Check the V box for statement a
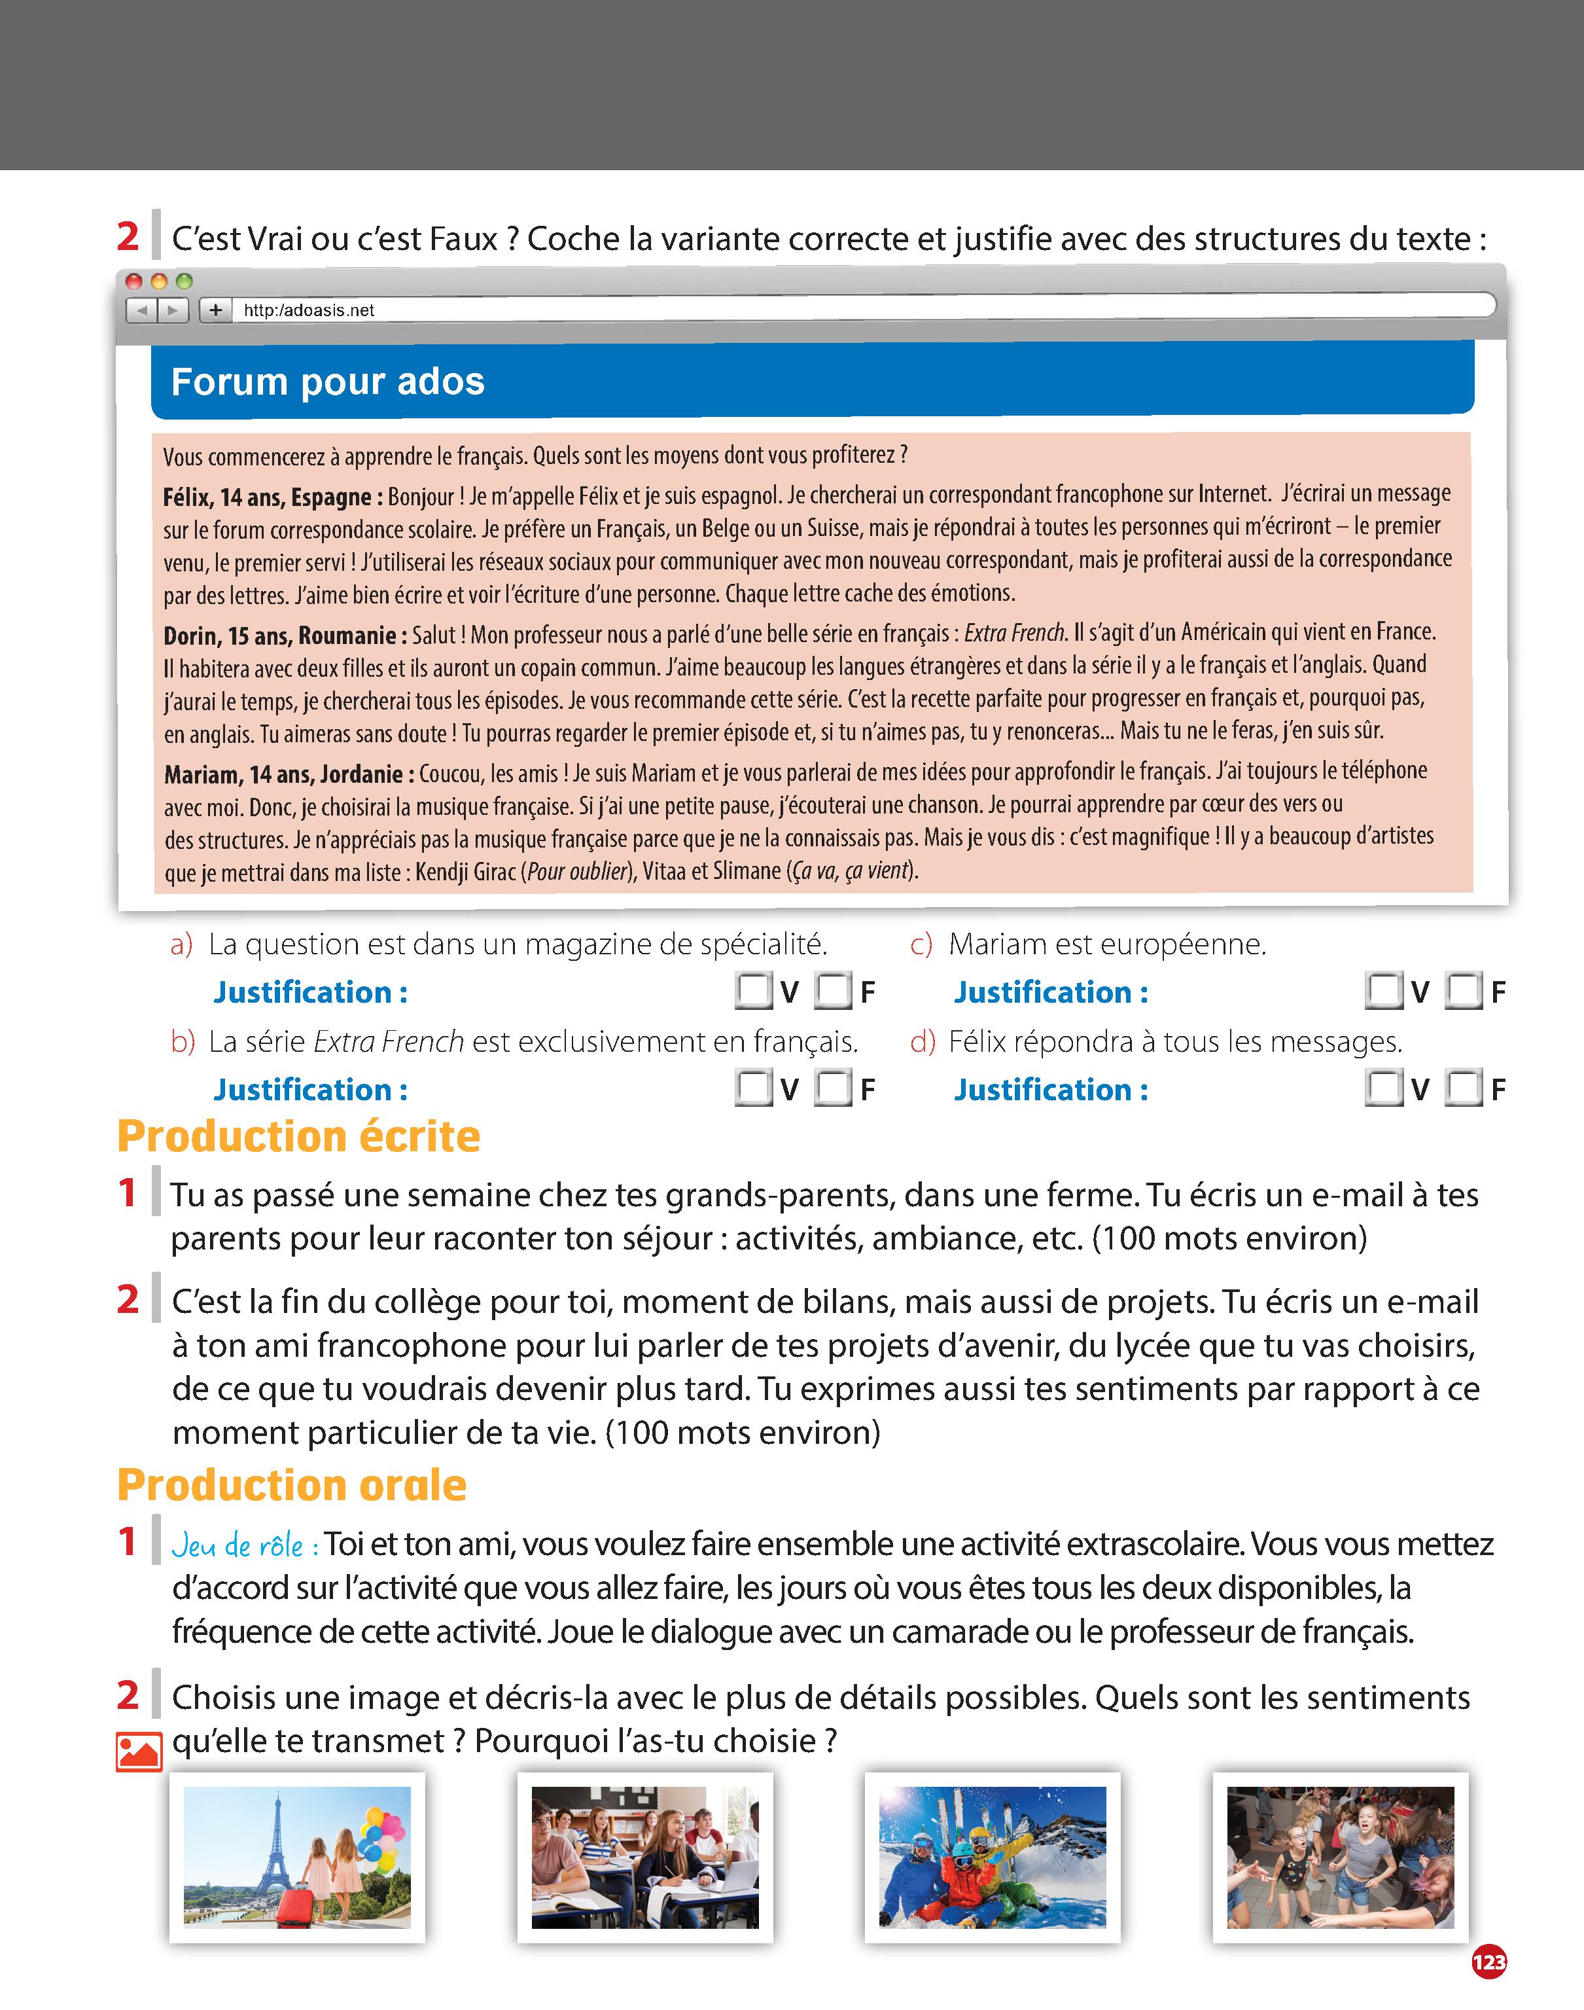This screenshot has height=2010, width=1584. pos(753,992)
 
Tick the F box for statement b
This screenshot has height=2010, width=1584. pos(833,1089)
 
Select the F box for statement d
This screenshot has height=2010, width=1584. pos(1464,1089)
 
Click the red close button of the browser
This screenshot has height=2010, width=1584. pos(133,281)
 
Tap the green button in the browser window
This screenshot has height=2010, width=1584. pos(184,281)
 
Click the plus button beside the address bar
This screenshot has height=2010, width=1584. pos(215,310)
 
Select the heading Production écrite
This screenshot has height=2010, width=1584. pos(298,1136)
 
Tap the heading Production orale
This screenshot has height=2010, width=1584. pos(291,1485)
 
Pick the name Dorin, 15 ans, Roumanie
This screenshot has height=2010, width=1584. pos(285,636)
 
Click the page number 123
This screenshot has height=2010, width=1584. pos(1488,1962)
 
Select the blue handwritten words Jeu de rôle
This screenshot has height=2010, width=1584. pos(245,1546)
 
